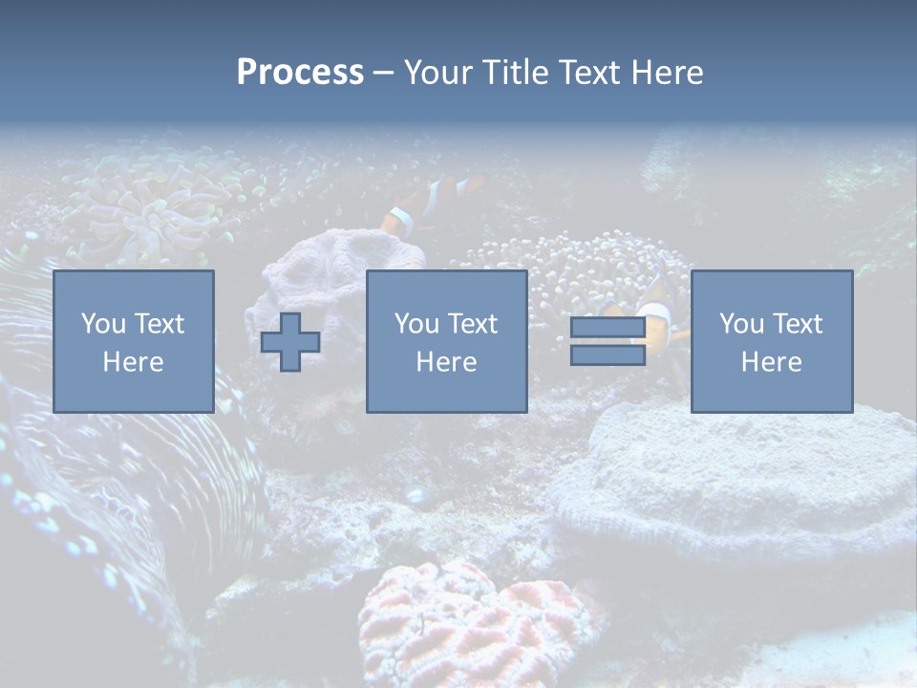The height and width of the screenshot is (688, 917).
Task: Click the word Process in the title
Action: pos(300,73)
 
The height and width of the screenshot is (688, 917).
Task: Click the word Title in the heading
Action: pos(514,73)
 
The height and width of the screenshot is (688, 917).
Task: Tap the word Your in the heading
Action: pos(438,73)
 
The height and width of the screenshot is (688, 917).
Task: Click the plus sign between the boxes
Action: pos(290,342)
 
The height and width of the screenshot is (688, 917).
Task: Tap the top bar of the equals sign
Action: pos(608,328)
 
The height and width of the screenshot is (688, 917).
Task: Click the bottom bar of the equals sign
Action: pos(608,355)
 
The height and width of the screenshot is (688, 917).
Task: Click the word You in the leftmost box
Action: pos(103,324)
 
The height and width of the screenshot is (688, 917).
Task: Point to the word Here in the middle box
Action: pos(446,362)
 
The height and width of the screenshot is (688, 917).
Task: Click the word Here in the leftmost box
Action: pos(133,362)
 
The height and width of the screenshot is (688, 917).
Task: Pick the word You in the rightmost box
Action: pos(741,324)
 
